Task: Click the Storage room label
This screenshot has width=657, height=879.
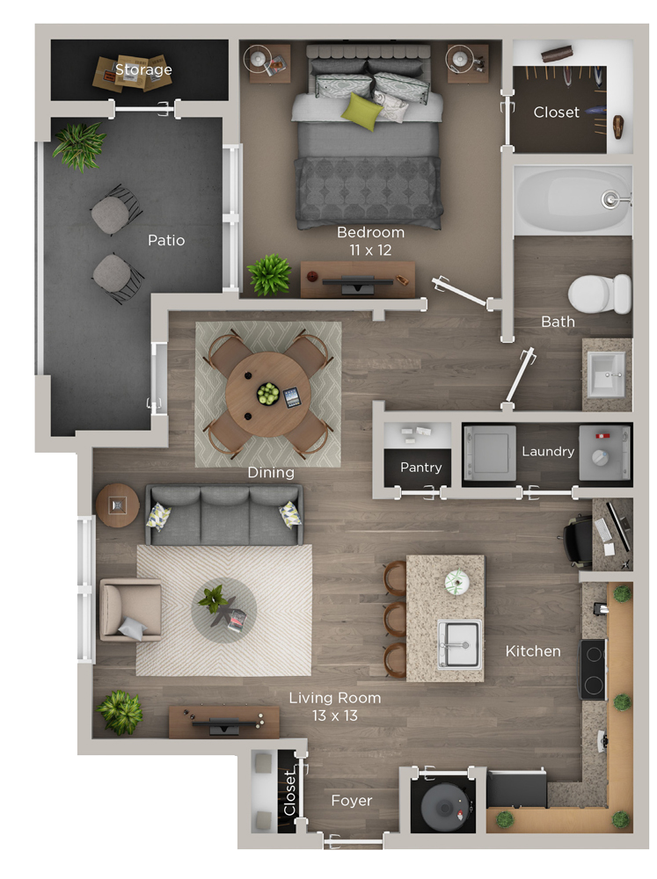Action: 143,69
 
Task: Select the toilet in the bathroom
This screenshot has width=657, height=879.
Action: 600,294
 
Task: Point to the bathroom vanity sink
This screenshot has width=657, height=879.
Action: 605,372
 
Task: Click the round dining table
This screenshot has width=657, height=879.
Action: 268,395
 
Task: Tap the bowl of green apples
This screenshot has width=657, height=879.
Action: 268,394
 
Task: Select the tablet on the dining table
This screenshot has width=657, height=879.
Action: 292,397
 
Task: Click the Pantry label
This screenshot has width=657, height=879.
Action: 420,468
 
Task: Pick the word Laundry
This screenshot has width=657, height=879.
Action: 548,451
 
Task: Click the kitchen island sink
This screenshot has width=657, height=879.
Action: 459,644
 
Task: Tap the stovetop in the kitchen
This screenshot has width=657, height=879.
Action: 593,669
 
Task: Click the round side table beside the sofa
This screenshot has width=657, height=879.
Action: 117,505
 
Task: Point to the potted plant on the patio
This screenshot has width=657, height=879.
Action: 79,146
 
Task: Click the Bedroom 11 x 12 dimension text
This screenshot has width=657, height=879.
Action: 370,241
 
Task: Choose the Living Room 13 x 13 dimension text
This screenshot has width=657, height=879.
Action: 335,707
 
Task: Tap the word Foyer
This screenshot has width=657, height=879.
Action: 352,801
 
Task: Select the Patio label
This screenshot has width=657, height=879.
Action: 166,241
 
